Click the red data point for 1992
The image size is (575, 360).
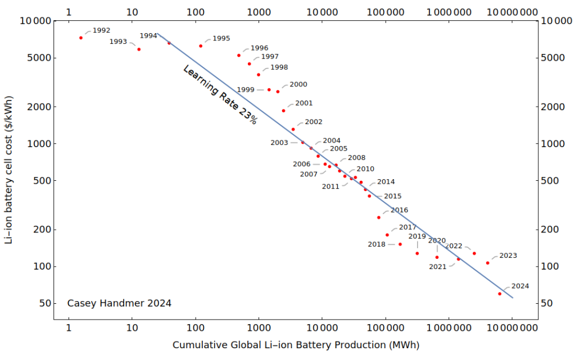(81, 38)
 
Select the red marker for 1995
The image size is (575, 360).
(201, 46)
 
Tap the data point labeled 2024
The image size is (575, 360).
(500, 294)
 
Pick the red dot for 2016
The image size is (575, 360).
(379, 217)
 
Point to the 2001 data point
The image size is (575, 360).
(283, 111)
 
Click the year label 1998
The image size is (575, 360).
(279, 67)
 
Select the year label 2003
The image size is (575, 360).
(279, 143)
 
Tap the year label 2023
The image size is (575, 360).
(508, 256)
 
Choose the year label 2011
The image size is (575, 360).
(330, 186)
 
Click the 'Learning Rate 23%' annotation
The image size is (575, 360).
(220, 94)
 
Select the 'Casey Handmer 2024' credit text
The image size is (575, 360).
(119, 303)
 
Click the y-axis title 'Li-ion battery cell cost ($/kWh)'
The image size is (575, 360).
(8, 169)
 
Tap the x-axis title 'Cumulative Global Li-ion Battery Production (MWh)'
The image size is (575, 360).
(296, 344)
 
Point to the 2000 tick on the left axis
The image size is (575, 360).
(39, 107)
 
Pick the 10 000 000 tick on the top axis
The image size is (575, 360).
(511, 11)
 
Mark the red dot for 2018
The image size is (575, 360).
(400, 244)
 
